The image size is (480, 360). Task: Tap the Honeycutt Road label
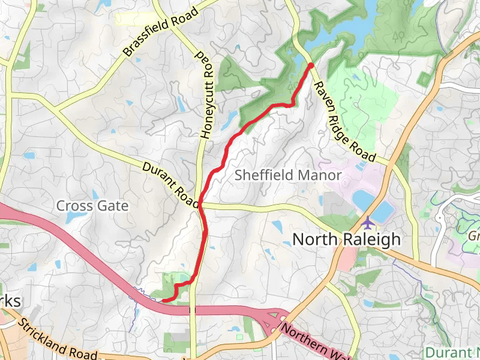pos(205,95)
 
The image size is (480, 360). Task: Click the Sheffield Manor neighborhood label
pos(288,175)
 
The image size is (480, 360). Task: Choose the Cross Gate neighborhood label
pos(92,206)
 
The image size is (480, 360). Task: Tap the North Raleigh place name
pos(346,239)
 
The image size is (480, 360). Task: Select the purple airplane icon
pos(368,222)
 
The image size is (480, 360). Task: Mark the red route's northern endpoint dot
pos(311,65)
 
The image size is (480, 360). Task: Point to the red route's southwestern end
pos(164,300)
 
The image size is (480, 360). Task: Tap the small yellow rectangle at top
pos(134,19)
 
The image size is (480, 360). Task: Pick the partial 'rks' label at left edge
pos(10,301)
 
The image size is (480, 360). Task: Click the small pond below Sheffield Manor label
pos(277,227)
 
